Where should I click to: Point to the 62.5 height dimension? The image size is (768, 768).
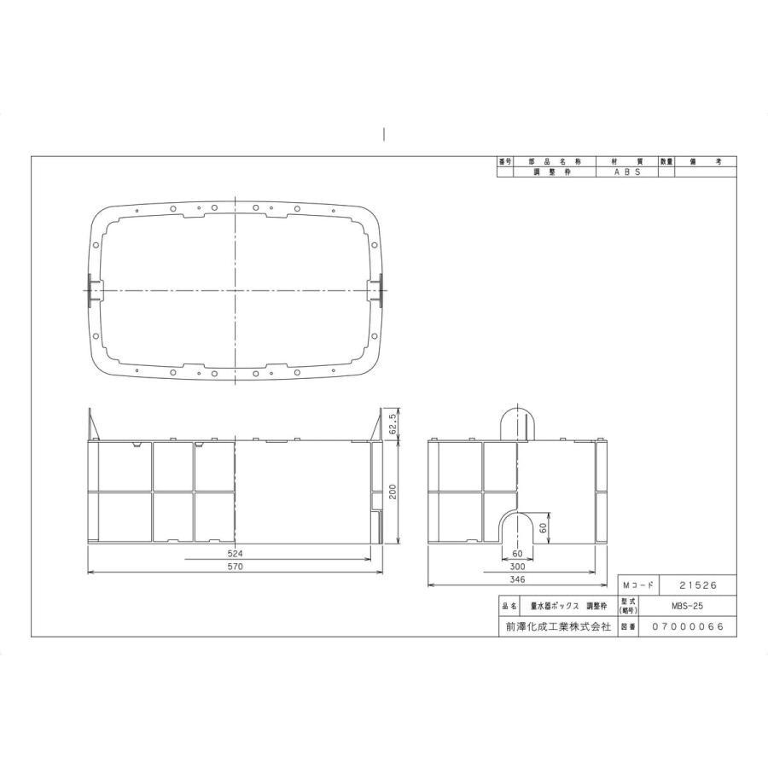click(392, 422)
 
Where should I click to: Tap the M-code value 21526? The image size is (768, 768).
click(697, 586)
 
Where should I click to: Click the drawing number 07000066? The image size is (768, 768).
click(688, 626)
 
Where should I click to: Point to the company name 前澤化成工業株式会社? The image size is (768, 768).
click(557, 626)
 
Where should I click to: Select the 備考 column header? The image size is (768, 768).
click(706, 161)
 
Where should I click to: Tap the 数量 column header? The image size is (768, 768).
click(666, 161)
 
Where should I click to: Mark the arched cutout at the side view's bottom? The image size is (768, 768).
click(517, 527)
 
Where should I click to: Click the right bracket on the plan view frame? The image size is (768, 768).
click(375, 291)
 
